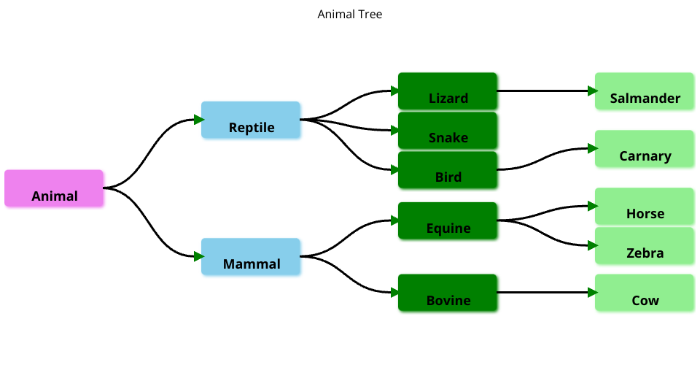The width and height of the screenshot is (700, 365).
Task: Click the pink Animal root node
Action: [54, 188]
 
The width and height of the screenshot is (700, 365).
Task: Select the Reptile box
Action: [251, 120]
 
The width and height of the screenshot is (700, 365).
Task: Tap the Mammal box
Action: [251, 256]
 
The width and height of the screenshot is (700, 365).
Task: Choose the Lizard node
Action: [448, 91]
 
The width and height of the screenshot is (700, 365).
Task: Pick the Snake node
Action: [448, 131]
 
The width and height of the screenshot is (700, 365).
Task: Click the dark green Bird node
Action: [448, 170]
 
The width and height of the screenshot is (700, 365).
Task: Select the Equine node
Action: [448, 220]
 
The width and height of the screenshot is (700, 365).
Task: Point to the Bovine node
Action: [448, 293]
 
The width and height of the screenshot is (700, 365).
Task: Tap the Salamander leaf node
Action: [645, 91]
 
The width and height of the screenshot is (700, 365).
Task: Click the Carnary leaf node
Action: [645, 149]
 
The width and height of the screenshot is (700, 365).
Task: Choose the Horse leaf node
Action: [645, 207]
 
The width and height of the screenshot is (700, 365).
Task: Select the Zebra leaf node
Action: [645, 246]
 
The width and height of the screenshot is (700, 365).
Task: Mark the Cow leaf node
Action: [645, 293]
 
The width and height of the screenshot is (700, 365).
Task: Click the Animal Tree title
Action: [350, 15]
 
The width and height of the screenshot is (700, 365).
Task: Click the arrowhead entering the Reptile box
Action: [199, 120]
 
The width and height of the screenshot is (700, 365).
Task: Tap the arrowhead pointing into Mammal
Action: [199, 256]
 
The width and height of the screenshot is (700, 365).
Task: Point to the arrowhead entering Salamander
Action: [593, 91]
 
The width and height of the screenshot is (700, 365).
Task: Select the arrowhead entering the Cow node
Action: [593, 293]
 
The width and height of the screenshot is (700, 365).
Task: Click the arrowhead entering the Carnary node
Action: [593, 148]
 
